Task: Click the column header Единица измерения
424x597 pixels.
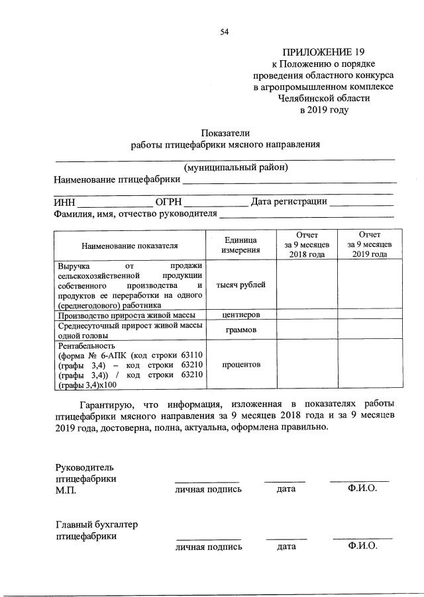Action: click(240, 245)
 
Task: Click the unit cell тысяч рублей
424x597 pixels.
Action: click(240, 285)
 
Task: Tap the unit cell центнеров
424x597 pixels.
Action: click(240, 315)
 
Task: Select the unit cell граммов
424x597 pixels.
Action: click(240, 330)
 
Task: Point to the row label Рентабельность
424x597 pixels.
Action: click(86, 345)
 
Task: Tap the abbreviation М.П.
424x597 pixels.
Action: click(66, 490)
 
